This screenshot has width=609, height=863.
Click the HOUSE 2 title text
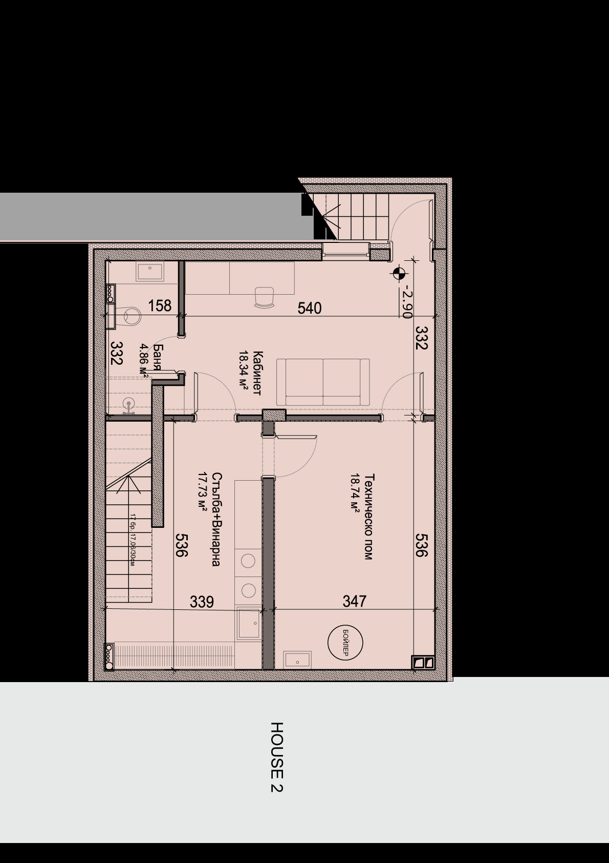277,757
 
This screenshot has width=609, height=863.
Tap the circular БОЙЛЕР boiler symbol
345,642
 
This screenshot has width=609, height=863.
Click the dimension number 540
309,308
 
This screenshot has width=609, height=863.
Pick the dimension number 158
160,306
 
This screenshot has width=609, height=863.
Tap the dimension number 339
202,602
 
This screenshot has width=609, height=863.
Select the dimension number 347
354,601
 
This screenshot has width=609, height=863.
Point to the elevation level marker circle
399,274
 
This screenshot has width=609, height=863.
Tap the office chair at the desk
264,297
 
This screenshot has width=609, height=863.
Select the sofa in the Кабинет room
323,382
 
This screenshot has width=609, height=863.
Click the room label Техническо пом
368,517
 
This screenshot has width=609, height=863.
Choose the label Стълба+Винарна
216,519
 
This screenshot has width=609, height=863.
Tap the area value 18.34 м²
243,371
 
